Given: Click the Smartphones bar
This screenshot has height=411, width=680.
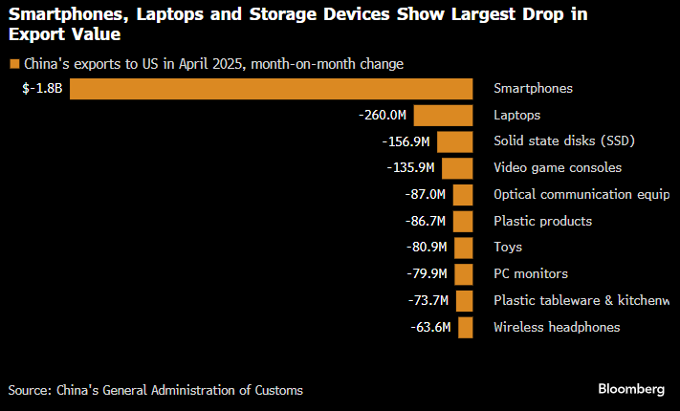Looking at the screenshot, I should click(272, 89).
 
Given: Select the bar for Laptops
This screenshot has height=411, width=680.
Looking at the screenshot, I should click(444, 116).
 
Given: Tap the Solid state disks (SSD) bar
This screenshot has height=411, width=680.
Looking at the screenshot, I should click(455, 141).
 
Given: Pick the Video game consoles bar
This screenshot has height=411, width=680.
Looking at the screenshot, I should click(457, 168).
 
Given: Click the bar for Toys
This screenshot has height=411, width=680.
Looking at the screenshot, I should click(464, 248).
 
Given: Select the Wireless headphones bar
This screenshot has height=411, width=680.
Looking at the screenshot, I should click(466, 328).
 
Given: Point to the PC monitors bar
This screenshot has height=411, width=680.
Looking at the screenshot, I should click(464, 274).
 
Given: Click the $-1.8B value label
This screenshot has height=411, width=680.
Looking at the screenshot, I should click(42, 89).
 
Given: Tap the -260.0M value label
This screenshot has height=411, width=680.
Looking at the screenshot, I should click(383, 116).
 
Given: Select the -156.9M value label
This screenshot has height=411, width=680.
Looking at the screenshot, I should click(406, 141).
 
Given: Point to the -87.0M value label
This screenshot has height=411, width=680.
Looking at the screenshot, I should click(426, 195).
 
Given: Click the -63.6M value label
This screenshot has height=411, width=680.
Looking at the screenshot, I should click(429, 328).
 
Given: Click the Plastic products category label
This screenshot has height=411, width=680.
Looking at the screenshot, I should click(542, 222).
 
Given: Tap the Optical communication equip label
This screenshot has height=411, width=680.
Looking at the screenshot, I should click(581, 195).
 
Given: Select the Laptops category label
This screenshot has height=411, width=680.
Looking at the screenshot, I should click(516, 116).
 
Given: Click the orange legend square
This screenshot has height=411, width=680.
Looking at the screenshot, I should click(13, 64).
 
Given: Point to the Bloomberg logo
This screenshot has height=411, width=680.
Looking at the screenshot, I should click(631, 389).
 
